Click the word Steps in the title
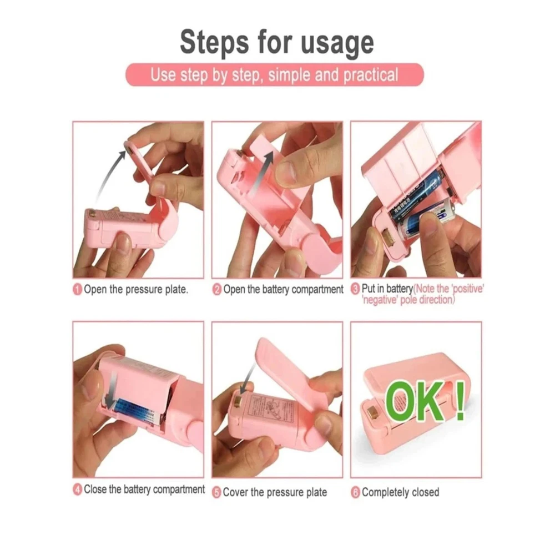click(214, 43)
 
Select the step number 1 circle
click(77, 290)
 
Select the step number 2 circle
click(216, 290)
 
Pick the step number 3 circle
click(355, 289)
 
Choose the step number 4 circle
click(77, 490)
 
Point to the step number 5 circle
click(216, 492)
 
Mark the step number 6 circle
click(355, 492)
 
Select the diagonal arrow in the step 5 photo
click(248, 378)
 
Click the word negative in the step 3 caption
click(381, 300)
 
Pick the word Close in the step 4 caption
click(95, 490)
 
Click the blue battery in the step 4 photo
click(137, 413)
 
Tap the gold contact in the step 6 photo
click(372, 412)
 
